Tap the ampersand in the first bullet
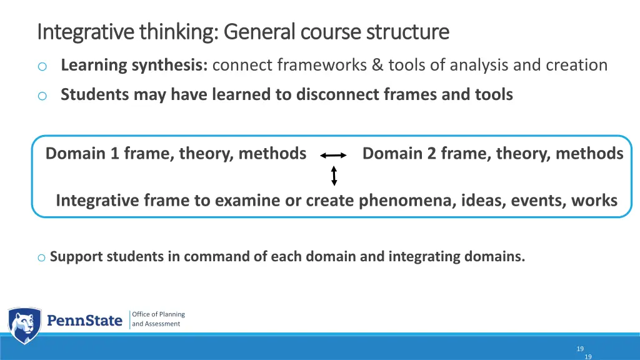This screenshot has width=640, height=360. [x=379, y=65]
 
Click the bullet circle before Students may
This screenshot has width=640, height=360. [x=42, y=96]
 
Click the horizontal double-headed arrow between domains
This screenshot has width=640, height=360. [x=334, y=156]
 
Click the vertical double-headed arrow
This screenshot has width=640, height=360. [x=334, y=176]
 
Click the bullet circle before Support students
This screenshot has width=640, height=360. [x=41, y=257]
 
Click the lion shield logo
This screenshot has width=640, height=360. [x=24, y=325]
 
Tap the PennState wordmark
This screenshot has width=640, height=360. [x=85, y=321]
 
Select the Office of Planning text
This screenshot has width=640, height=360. [x=158, y=314]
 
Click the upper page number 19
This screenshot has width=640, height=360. [x=580, y=349]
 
